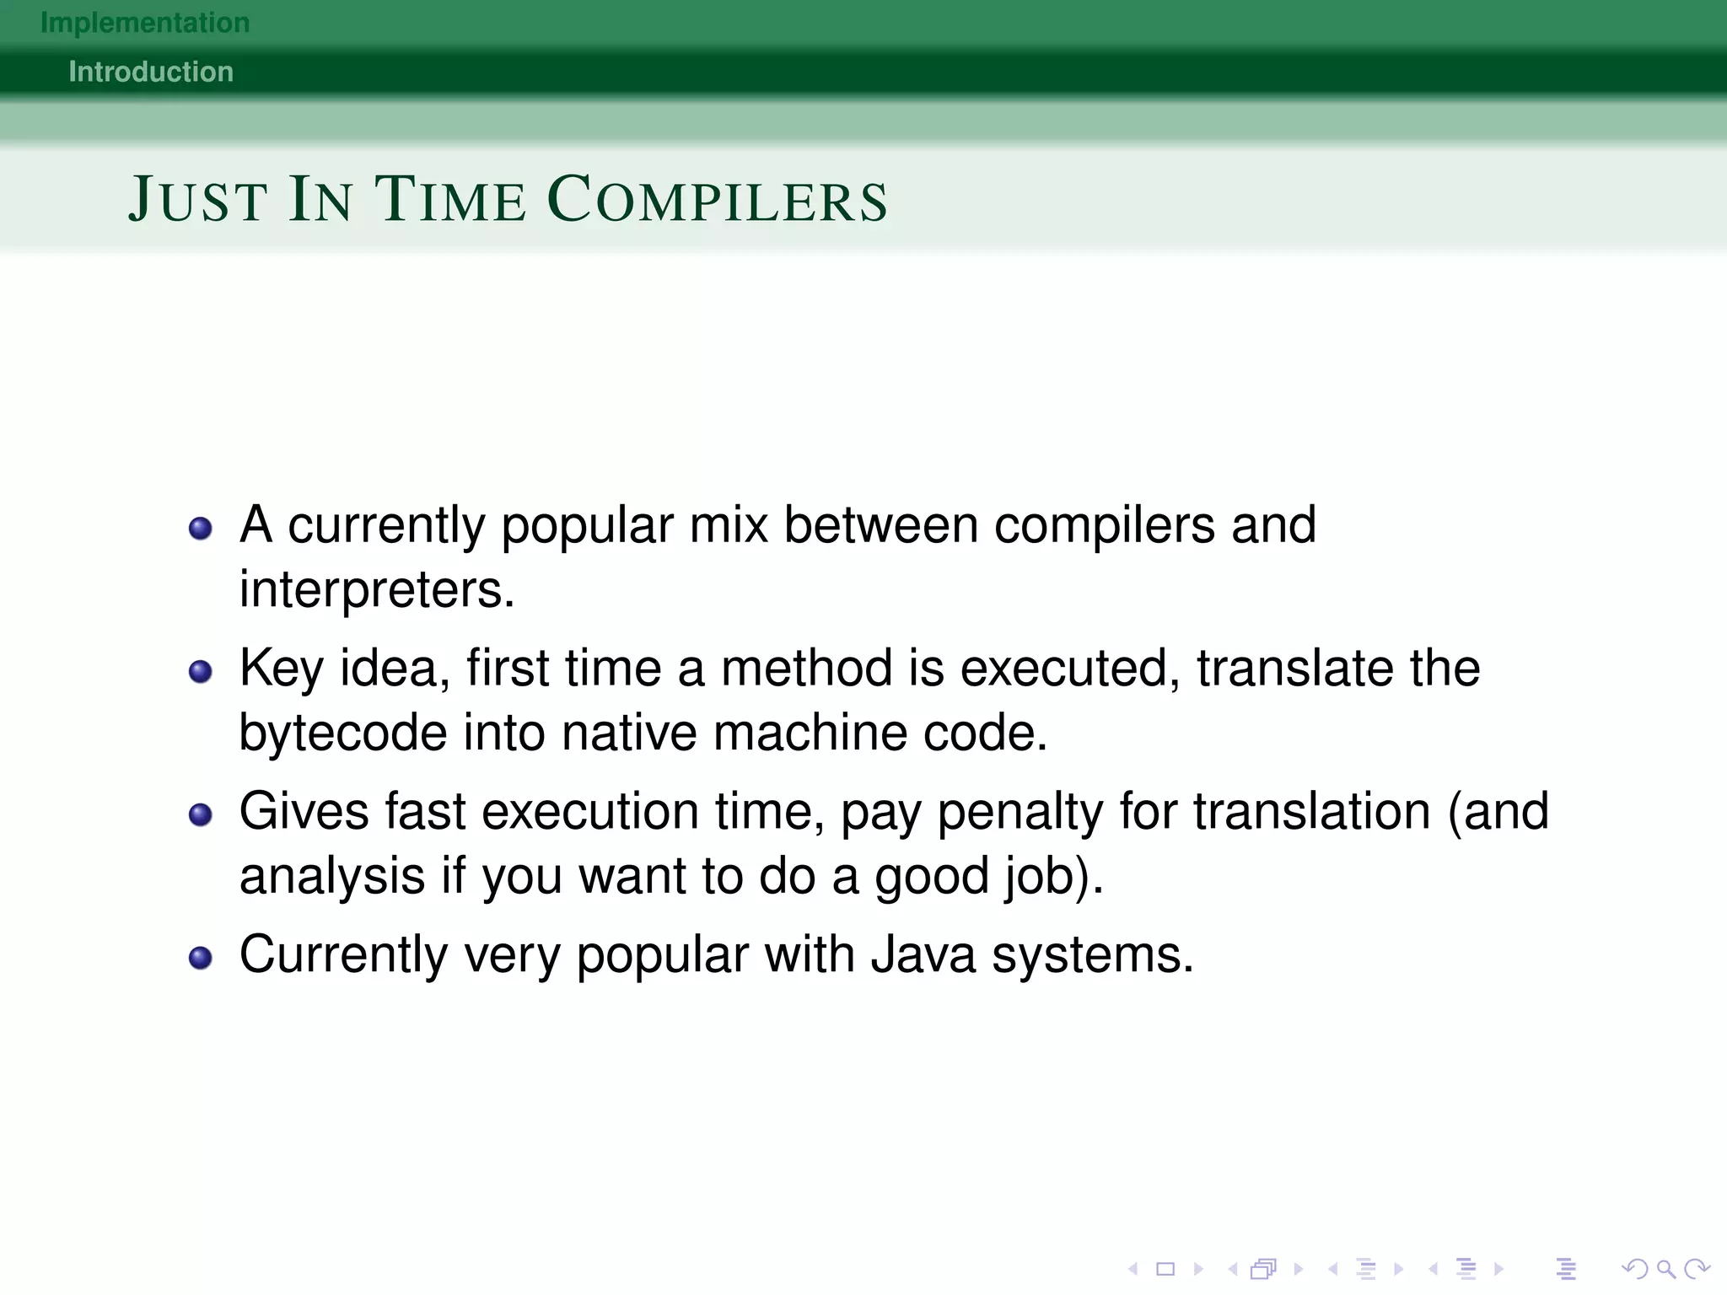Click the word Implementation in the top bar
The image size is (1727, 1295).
click(145, 23)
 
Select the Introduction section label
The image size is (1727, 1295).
click(151, 72)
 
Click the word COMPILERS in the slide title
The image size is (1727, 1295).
click(718, 200)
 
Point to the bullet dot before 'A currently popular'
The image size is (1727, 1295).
click(201, 529)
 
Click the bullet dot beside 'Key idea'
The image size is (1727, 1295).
click(201, 672)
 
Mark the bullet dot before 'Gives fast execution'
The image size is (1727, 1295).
click(201, 815)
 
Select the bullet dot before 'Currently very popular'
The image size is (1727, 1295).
click(201, 959)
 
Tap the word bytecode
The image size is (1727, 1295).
click(342, 732)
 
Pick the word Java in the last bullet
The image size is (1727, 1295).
click(923, 954)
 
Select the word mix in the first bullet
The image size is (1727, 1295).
click(729, 524)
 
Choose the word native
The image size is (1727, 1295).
click(629, 732)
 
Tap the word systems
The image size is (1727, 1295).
click(1093, 956)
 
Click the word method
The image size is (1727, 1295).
click(807, 669)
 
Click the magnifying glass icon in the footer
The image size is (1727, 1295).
click(1665, 1269)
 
